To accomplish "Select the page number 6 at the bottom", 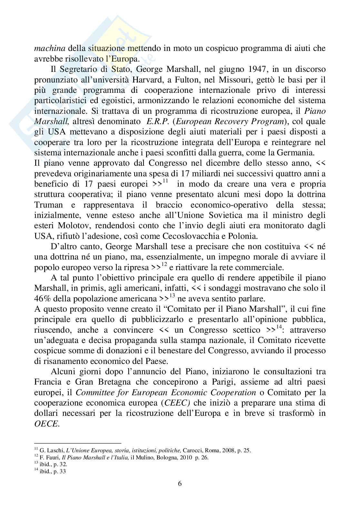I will point(180,484).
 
